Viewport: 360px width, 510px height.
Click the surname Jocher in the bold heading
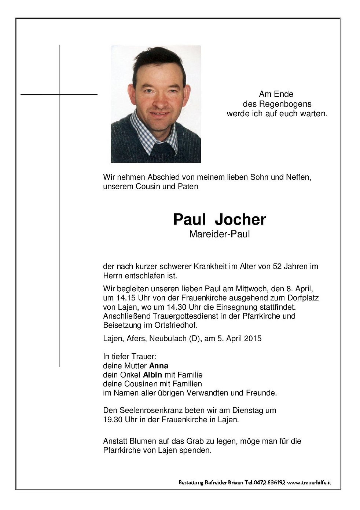[240, 219]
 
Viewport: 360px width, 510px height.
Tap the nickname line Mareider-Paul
[219, 234]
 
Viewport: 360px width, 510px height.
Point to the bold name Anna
[159, 365]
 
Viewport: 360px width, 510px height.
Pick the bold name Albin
[153, 375]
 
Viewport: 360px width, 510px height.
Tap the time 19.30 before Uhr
[113, 419]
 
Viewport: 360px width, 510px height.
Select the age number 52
[278, 266]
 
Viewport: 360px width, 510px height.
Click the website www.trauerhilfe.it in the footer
[309, 482]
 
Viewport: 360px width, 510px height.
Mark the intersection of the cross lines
[59, 94]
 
